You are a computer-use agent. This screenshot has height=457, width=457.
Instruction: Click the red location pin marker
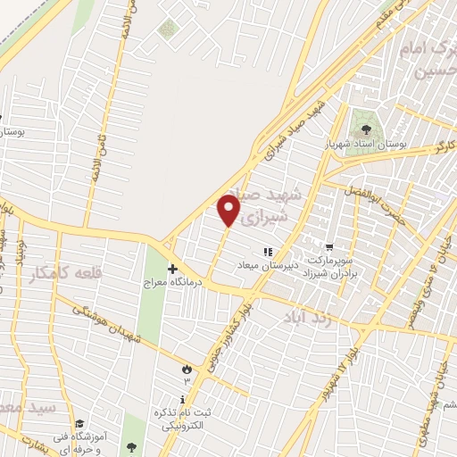coord(229,208)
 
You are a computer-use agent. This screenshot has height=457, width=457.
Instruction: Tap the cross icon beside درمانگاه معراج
coord(172,268)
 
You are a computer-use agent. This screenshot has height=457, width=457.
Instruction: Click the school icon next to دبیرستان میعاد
coord(265,253)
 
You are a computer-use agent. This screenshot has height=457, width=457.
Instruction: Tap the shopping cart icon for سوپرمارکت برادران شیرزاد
coord(329,247)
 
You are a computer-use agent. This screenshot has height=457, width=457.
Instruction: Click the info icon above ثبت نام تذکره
coord(183,398)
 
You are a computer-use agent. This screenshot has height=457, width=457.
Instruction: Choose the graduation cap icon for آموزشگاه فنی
coord(79,423)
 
